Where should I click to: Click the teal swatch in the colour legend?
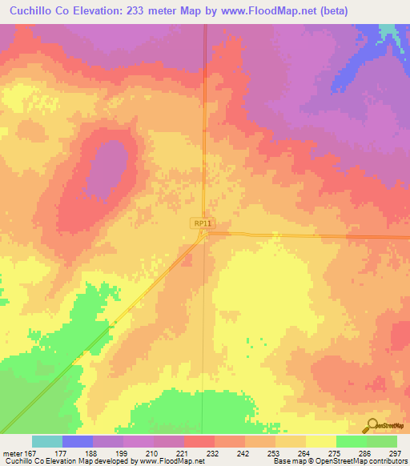tap(46, 441)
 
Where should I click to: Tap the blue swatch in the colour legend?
tap(77, 441)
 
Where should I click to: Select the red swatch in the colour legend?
tap(199, 441)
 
